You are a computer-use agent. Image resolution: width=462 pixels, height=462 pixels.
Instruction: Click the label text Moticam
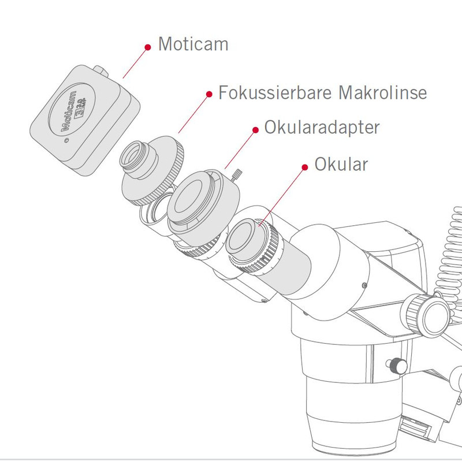pos(193,44)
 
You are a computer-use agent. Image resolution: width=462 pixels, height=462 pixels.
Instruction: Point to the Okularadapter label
pos(322,128)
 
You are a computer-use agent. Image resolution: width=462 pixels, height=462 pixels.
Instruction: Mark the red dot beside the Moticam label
pos(147,45)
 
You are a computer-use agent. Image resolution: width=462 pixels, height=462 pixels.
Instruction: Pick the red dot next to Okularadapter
pos(255,129)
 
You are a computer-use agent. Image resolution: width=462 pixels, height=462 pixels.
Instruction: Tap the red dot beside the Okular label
pos(305,167)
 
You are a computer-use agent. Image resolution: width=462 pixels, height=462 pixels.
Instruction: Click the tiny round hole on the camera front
pos(66,140)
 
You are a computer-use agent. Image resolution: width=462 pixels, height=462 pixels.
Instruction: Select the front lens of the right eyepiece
pos(245,237)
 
